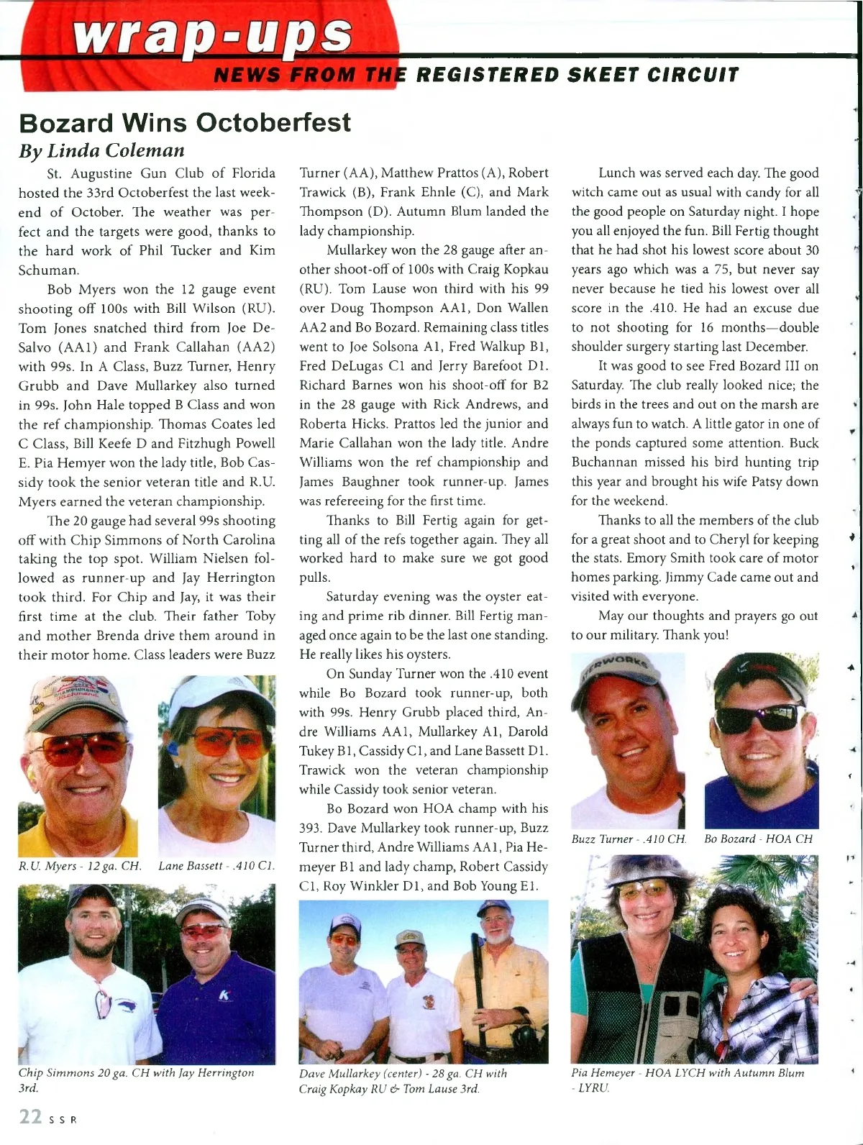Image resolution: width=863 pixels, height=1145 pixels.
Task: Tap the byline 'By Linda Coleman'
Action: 101,150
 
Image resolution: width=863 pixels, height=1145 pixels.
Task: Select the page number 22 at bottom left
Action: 30,1116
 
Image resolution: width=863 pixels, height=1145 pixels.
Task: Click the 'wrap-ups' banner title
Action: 215,35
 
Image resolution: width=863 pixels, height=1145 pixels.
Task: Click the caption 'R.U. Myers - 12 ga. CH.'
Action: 79,866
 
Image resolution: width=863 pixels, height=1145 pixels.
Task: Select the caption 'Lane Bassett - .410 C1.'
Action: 216,866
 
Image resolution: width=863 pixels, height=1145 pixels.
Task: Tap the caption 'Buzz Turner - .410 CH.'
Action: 629,839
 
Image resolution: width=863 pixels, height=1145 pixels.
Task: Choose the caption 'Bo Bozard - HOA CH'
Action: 758,839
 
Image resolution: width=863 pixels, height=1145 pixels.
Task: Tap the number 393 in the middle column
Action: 310,828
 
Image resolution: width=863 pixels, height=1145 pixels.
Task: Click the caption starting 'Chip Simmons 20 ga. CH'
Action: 136,1080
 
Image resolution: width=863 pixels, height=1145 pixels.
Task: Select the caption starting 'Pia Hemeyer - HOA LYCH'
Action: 687,1080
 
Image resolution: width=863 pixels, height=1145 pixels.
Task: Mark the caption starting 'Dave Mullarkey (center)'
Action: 403,1080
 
